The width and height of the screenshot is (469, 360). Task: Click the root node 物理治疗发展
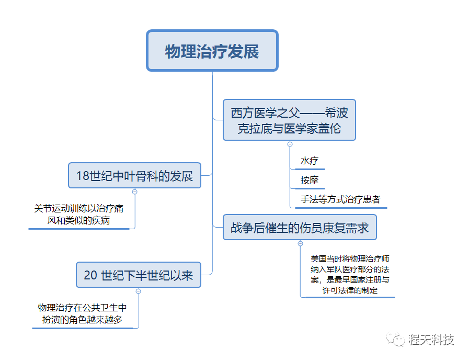(212, 51)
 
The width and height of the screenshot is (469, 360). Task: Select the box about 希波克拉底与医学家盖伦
(289, 120)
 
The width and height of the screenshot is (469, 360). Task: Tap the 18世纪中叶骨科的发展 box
(134, 176)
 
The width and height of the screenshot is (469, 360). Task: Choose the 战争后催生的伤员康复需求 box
(300, 228)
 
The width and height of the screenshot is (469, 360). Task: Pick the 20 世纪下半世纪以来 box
(139, 275)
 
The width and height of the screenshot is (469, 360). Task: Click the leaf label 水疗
(309, 161)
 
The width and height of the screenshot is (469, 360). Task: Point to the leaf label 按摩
(309, 180)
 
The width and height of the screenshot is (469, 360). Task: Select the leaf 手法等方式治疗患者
(340, 199)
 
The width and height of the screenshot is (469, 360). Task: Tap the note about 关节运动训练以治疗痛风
(79, 215)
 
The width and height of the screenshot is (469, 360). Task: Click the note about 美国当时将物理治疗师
(349, 274)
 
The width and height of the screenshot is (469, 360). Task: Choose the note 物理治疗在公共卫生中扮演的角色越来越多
(82, 313)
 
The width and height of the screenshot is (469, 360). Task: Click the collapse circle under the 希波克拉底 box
(290, 144)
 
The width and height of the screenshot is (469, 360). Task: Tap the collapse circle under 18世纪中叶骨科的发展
(134, 192)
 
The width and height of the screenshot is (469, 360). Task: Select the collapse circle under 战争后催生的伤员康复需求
(300, 243)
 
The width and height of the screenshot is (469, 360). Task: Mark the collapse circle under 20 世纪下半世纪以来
(138, 291)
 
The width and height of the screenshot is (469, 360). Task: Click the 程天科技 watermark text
(431, 339)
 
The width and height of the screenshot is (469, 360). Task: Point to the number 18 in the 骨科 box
(83, 176)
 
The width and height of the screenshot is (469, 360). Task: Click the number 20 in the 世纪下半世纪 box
(90, 275)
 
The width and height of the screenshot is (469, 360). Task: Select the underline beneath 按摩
(309, 188)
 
